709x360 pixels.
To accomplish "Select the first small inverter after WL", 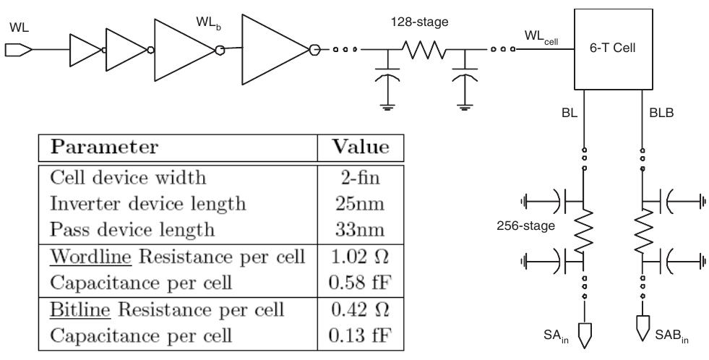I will point(85,50).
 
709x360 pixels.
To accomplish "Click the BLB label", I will point(658,115).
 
